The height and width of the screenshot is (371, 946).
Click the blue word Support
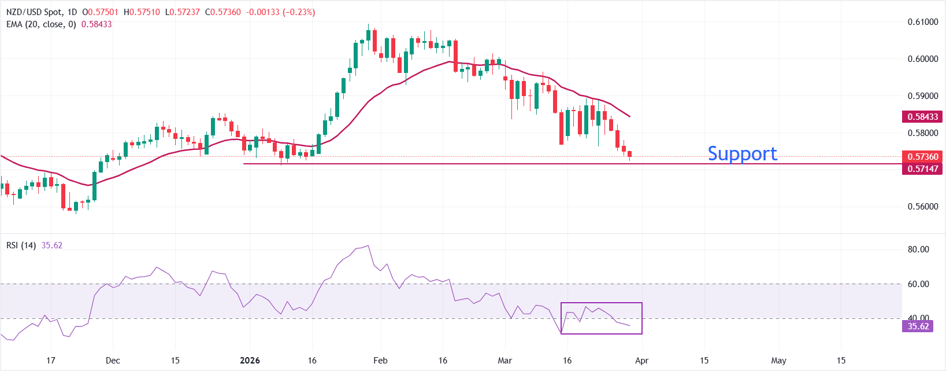pyautogui.click(x=742, y=153)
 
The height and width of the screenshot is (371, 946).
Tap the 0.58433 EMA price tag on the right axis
pyautogui.click(x=922, y=117)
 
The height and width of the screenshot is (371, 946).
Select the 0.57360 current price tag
pyautogui.click(x=922, y=157)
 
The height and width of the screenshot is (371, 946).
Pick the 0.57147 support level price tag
pyautogui.click(x=922, y=169)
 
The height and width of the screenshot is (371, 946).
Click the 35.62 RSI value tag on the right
pyautogui.click(x=918, y=326)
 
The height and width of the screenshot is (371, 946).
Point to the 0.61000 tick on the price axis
pyautogui.click(x=922, y=22)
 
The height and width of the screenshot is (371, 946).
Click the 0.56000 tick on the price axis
pyautogui.click(x=922, y=207)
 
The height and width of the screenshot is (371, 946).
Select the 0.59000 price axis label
pyautogui.click(x=922, y=96)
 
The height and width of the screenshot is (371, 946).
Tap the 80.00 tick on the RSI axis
pyautogui.click(x=918, y=249)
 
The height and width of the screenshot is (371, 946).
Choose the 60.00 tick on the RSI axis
pyautogui.click(x=918, y=284)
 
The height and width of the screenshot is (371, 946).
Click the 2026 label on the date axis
pyautogui.click(x=250, y=361)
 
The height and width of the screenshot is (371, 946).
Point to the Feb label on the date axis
pyautogui.click(x=380, y=361)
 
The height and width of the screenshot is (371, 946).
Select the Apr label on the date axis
pyautogui.click(x=641, y=361)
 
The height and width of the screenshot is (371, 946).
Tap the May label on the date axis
pyautogui.click(x=778, y=361)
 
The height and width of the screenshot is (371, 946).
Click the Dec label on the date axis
pyautogui.click(x=113, y=361)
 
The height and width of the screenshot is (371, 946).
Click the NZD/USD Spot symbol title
pyautogui.click(x=33, y=12)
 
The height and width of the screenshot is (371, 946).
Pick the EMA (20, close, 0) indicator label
pyautogui.click(x=41, y=24)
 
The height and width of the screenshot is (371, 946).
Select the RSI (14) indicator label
pyautogui.click(x=21, y=245)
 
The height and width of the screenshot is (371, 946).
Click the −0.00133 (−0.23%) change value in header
pyautogui.click(x=281, y=12)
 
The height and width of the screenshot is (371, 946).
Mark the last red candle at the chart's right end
pyautogui.click(x=630, y=154)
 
